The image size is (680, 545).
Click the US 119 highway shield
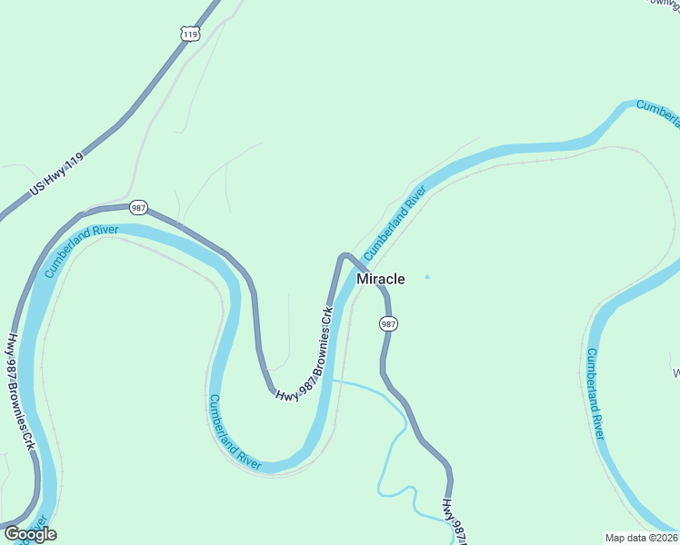[189, 35]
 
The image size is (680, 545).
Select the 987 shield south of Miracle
[388, 323]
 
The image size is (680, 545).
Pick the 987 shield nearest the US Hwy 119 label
[138, 207]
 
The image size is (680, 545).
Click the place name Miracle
[380, 279]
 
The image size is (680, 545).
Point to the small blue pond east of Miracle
[427, 277]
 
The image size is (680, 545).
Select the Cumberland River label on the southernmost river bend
[235, 431]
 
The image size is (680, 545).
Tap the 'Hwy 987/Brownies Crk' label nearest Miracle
[305, 355]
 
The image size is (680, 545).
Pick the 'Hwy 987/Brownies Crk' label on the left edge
[20, 393]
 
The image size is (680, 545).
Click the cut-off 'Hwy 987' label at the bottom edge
[454, 522]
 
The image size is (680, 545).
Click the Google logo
[30, 534]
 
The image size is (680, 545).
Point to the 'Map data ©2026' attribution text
[640, 538]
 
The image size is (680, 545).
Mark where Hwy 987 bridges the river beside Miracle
[356, 270]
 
